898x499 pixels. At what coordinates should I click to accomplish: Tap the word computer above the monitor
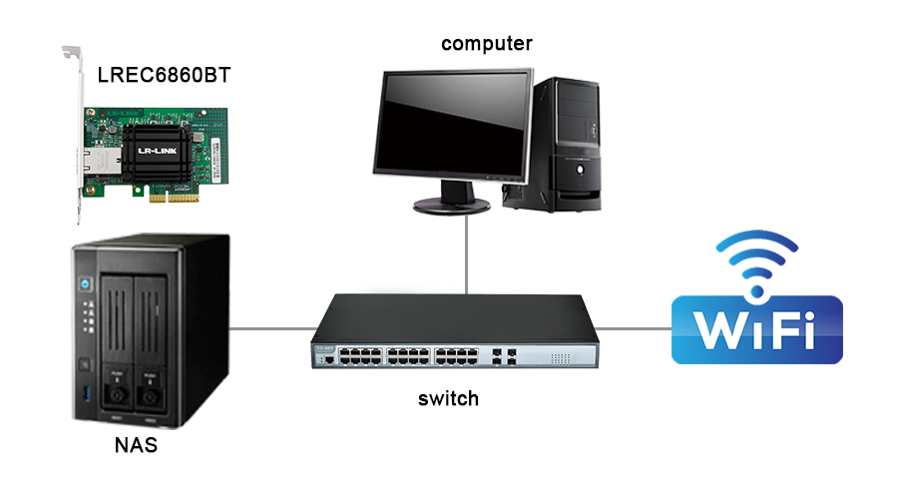pos(487,43)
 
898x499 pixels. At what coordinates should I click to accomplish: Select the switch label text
pos(448,399)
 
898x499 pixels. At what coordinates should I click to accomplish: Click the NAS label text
pos(136,445)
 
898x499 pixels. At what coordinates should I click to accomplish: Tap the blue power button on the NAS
pos(86,282)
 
